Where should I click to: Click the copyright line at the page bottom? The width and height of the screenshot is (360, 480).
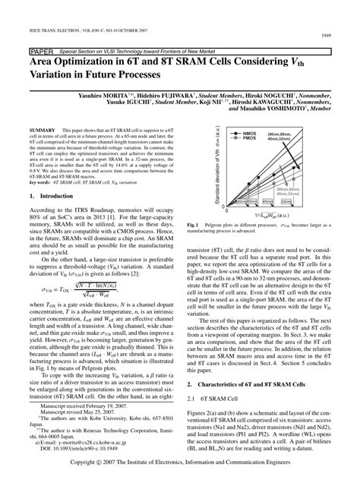point(179,462)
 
